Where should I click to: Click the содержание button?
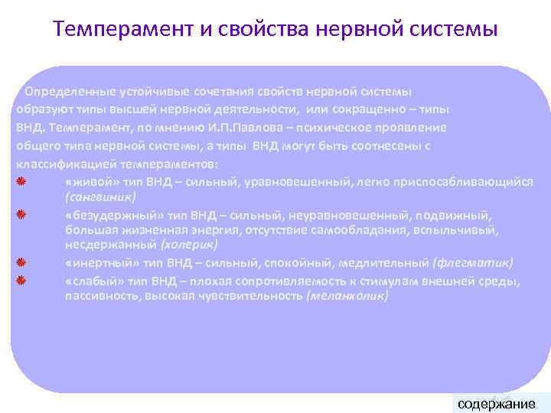click(x=495, y=403)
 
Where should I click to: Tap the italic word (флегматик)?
click(x=473, y=263)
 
